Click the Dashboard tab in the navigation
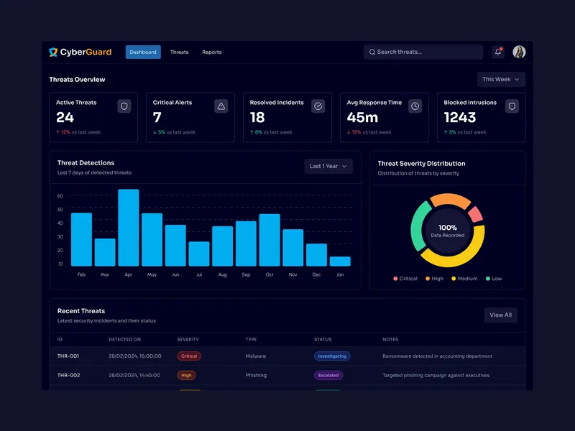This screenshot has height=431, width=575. [143, 52]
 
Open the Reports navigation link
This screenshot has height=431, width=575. [211, 52]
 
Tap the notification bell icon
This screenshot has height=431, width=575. [498, 52]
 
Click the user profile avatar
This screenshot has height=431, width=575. [519, 52]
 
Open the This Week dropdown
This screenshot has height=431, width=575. [501, 80]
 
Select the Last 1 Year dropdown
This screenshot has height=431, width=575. [328, 166]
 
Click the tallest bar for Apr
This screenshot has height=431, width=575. [128, 228]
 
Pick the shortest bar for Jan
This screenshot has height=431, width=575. [340, 261]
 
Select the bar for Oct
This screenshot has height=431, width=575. [270, 240]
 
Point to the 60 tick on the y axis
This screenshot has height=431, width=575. [60, 196]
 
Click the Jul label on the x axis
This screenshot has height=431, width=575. [198, 275]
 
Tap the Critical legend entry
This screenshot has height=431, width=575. [405, 279]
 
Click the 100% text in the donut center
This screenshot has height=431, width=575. [448, 228]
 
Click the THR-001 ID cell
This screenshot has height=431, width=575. [68, 356]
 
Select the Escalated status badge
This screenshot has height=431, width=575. [328, 375]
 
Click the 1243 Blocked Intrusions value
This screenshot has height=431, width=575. [460, 117]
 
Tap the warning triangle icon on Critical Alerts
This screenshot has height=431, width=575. [221, 106]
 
